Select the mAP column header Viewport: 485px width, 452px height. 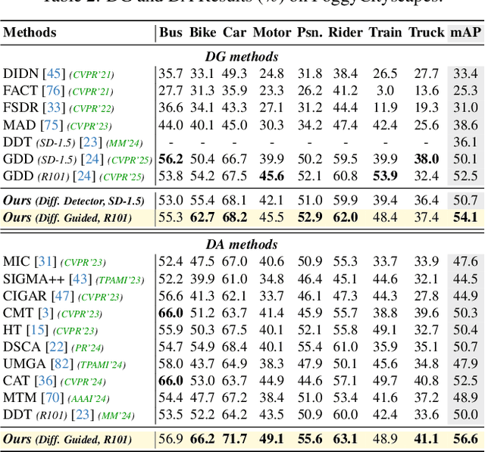click(x=465, y=33)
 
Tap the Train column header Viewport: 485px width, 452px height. click(x=385, y=33)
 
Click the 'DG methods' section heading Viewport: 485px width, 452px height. click(x=242, y=56)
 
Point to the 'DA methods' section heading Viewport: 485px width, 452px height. click(x=242, y=245)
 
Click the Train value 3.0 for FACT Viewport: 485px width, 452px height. click(x=386, y=90)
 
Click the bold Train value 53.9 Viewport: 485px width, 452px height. click(x=385, y=176)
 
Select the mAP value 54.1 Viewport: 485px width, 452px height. click(x=465, y=217)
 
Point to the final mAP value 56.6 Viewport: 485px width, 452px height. click(x=465, y=438)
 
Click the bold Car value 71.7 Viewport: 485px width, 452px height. click(x=235, y=438)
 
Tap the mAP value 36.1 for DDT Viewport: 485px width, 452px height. click(x=465, y=142)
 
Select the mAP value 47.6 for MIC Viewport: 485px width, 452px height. click(x=465, y=261)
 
